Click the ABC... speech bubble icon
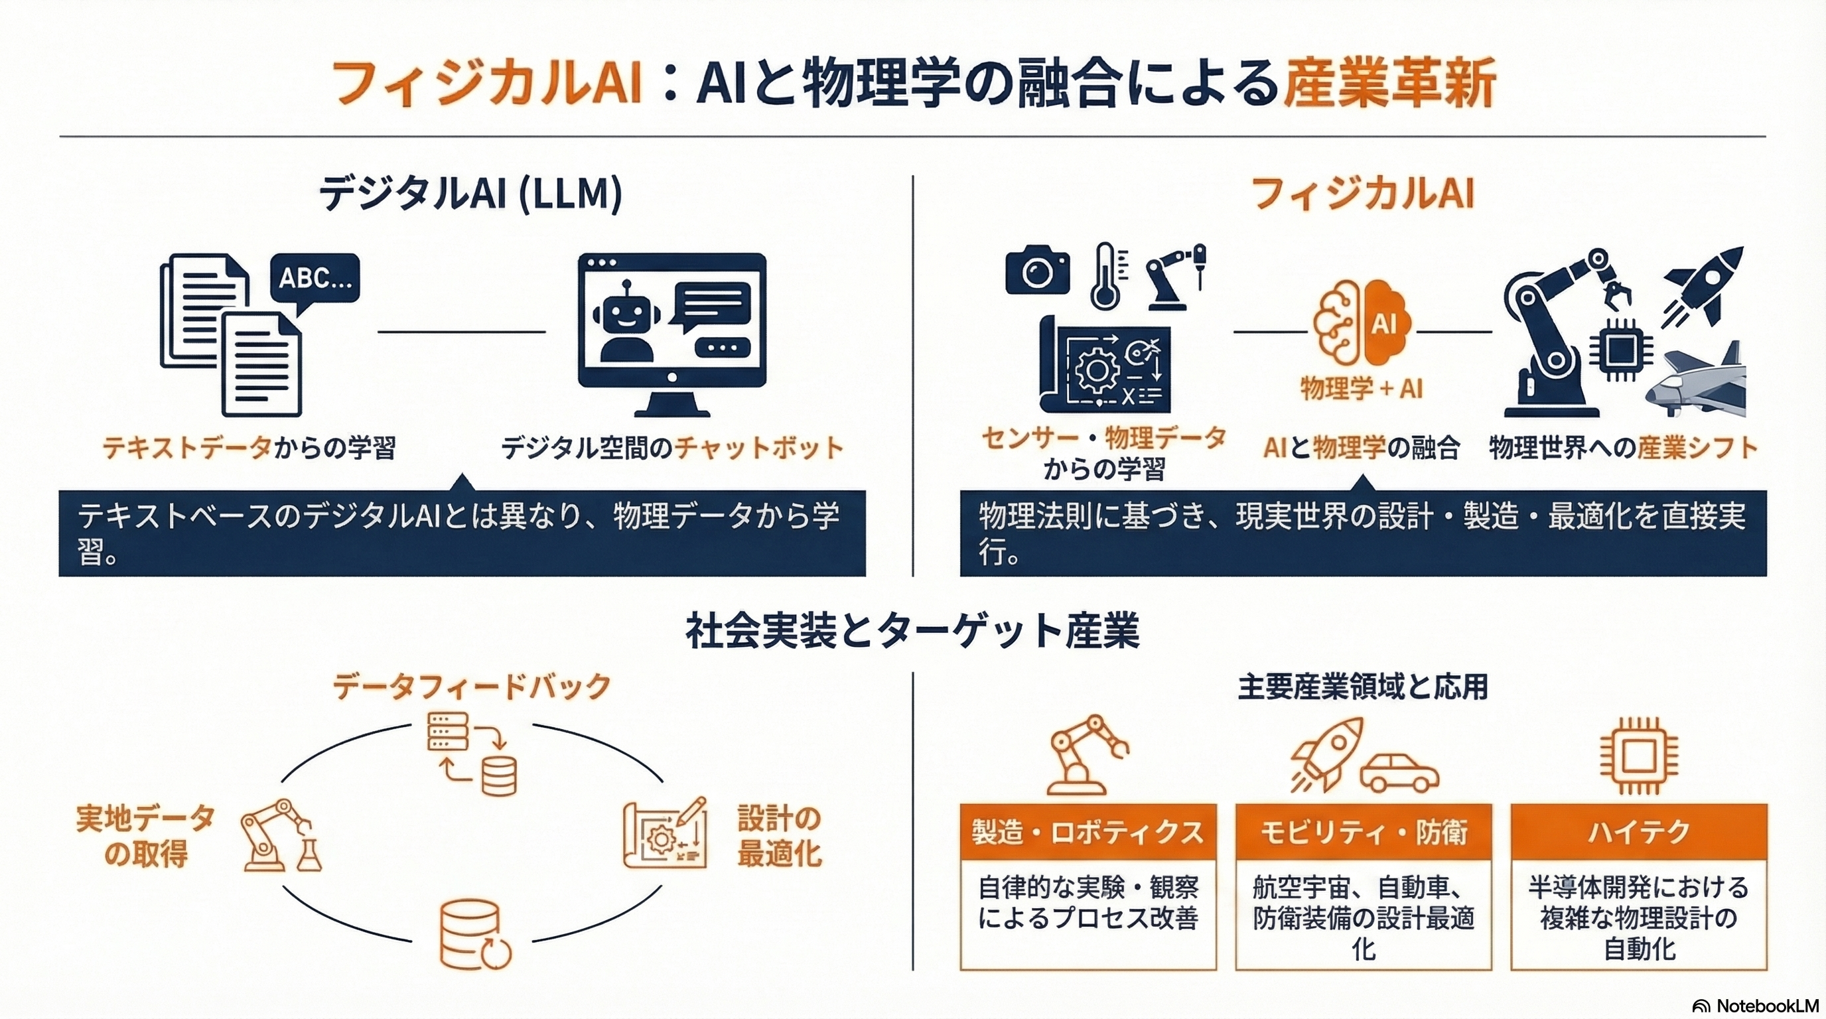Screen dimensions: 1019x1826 point(315,279)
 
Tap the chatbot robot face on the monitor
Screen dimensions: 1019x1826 point(625,312)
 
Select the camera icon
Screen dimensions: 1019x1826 point(1037,271)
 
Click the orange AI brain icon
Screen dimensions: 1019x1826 point(1361,324)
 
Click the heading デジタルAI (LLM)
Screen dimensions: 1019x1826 point(470,194)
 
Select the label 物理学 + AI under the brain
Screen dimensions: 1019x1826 point(1361,388)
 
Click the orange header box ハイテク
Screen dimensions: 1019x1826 point(1638,832)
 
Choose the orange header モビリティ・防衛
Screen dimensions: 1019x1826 point(1362,832)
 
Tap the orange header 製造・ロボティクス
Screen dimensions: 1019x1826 point(1088,832)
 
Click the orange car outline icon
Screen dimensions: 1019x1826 point(1399,773)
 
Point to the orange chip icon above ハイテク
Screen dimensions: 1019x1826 point(1638,755)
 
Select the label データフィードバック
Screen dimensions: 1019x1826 point(471,687)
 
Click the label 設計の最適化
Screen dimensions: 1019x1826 point(779,837)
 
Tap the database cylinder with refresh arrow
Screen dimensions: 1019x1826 point(474,935)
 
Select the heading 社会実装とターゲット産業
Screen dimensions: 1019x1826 point(912,631)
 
